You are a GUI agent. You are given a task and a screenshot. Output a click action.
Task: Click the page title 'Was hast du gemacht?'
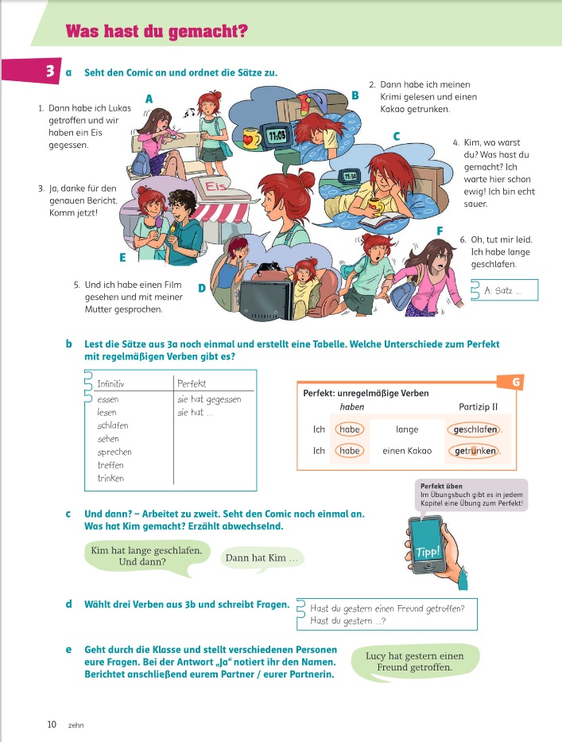[157, 32]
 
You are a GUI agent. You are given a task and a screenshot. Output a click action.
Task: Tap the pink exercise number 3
[49, 72]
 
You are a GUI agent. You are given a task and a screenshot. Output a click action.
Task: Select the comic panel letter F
[440, 231]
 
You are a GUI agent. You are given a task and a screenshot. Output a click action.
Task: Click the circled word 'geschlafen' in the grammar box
[475, 429]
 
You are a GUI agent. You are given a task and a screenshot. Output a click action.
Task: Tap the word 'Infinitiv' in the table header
[112, 384]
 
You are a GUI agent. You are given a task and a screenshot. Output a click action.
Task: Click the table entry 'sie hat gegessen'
[208, 399]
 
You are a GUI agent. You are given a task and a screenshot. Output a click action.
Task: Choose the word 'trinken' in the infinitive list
[110, 478]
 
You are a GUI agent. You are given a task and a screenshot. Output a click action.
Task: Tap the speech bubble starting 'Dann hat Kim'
[261, 558]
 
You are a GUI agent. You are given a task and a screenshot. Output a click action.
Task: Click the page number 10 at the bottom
[52, 724]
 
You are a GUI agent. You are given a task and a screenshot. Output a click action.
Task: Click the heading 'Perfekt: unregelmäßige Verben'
[366, 393]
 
